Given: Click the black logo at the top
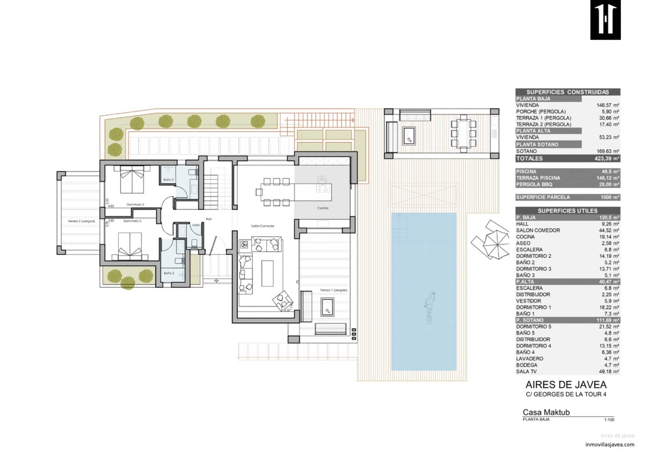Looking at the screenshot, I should coord(605,20).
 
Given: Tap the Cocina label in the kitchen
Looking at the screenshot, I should coord(323,208).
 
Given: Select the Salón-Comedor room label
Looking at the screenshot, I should coord(263,226).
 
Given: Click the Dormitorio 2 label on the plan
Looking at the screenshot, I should coord(135,205).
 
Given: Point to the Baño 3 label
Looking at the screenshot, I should coord(169,274).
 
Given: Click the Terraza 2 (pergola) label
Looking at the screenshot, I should coord(81,221).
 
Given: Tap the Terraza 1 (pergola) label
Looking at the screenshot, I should coord(333,290).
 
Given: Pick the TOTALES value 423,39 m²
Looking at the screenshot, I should coord(607,159).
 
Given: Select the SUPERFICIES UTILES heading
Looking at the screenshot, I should coord(567,211).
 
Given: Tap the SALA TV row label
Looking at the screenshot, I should coord(527,371).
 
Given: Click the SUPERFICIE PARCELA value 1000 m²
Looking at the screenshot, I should coord(609,197).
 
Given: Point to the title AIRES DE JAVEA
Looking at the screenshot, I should coord(566,385).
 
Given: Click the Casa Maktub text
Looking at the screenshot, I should coord(546,412).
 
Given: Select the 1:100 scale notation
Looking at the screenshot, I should coord(609,420).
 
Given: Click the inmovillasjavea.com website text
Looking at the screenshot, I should coord(609,445).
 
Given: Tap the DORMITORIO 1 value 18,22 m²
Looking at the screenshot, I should coord(609,307).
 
